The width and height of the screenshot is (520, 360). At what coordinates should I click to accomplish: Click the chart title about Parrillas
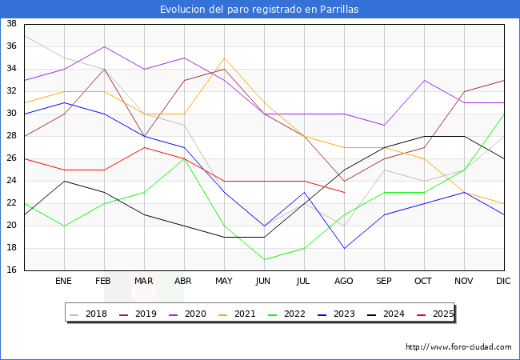tap(259, 10)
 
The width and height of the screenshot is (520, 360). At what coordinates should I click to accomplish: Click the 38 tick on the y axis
tap(12, 24)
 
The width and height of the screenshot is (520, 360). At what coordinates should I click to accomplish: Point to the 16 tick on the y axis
tap(12, 270)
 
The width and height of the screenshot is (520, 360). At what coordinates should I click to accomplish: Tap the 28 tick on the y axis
tap(12, 136)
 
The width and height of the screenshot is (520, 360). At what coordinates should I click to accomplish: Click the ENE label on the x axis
tap(64, 282)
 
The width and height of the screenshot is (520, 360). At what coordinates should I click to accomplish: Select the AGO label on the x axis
tap(344, 282)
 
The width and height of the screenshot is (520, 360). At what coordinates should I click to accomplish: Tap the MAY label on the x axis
tap(224, 282)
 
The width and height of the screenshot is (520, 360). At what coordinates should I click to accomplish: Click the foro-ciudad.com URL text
tap(458, 347)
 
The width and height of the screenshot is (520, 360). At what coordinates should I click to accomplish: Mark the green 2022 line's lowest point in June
tap(264, 259)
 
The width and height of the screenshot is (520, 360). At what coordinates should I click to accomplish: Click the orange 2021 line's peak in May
tap(224, 58)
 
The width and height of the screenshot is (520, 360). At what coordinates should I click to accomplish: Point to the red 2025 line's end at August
tap(344, 192)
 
